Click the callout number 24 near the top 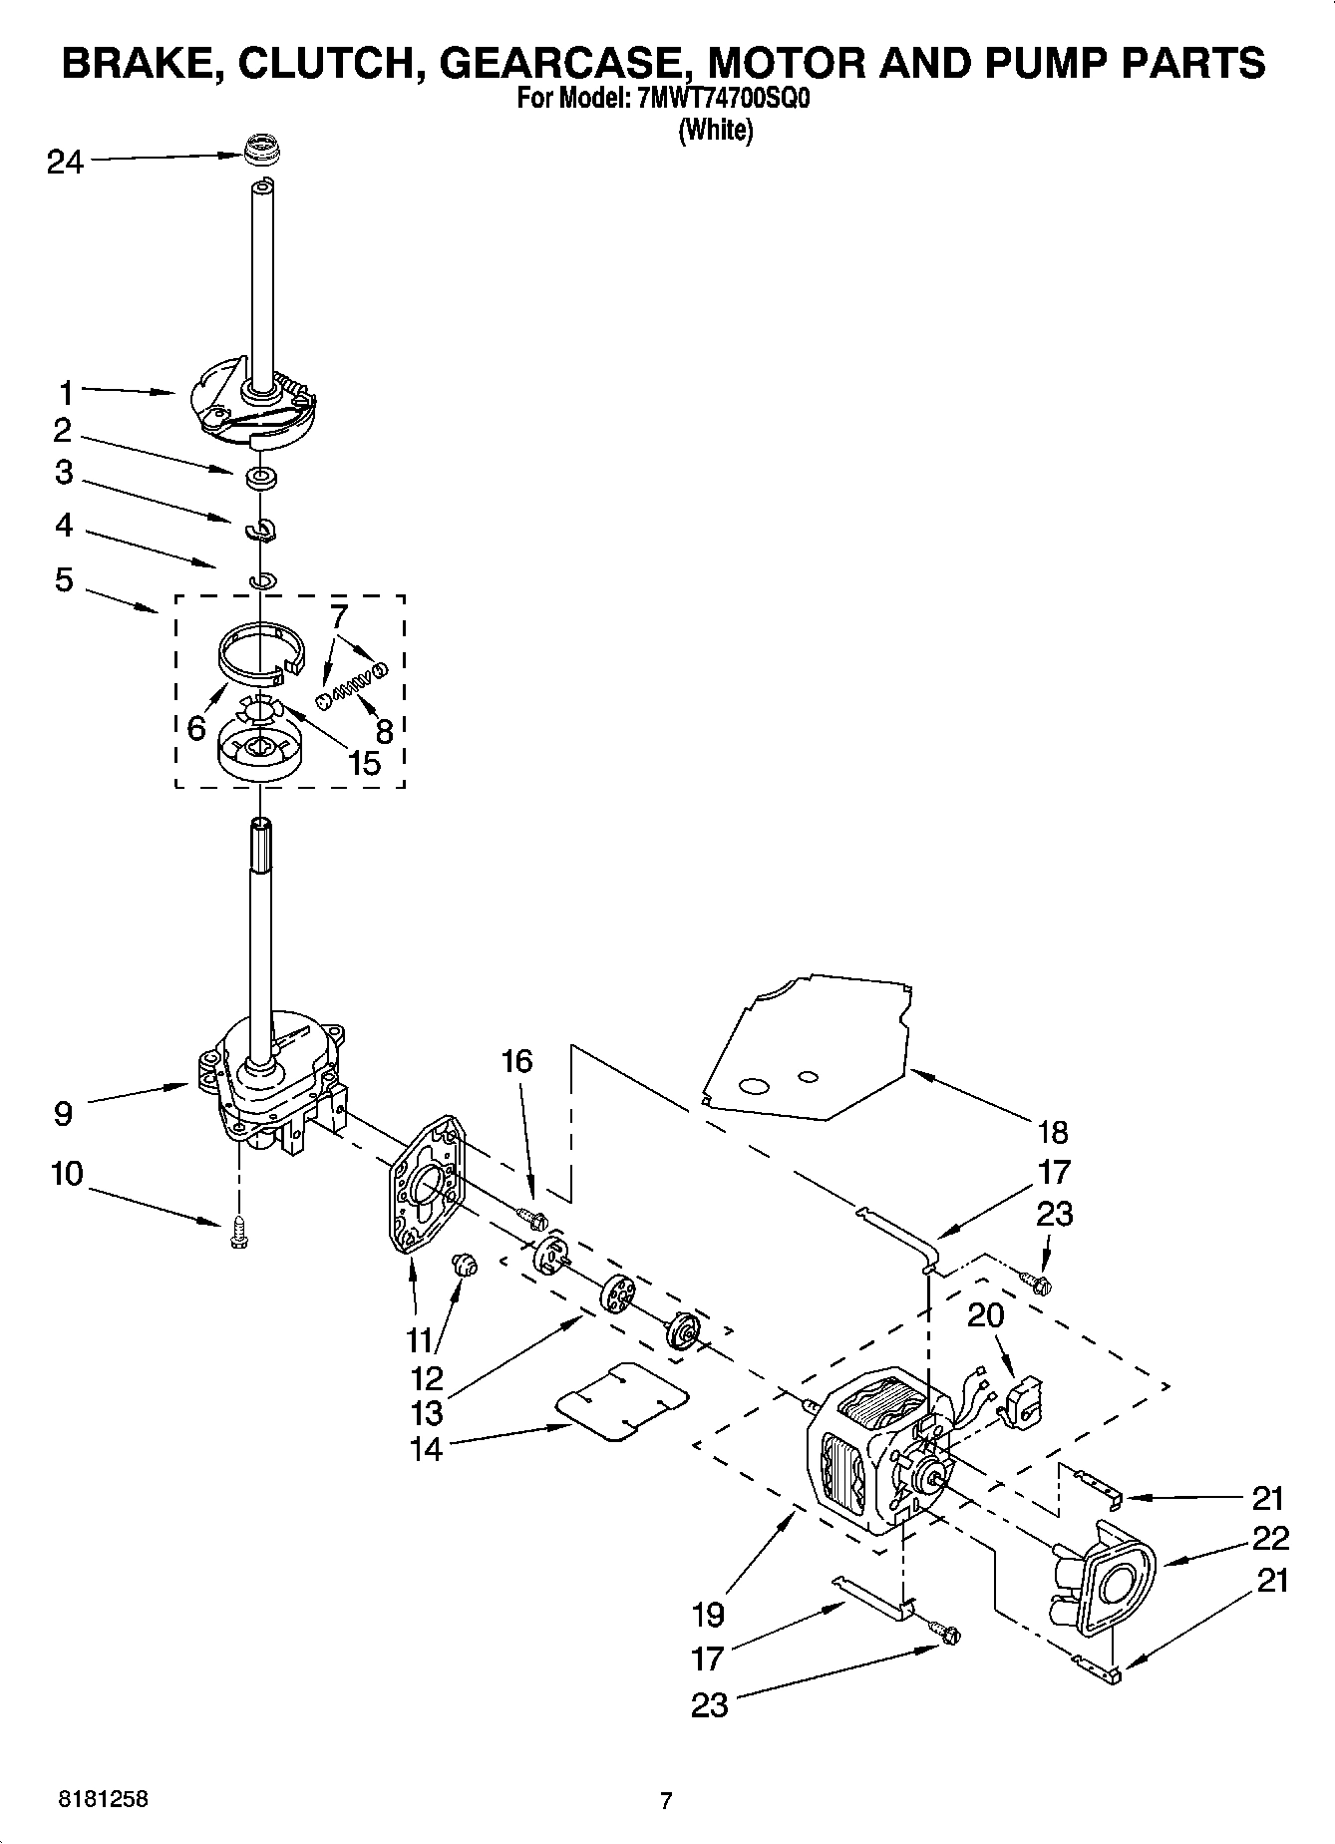click(x=65, y=162)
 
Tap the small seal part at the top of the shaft click(x=261, y=152)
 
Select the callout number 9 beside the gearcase click(x=63, y=1113)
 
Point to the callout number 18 click(x=1052, y=1132)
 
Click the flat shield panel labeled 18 click(x=808, y=1047)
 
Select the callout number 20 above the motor click(x=986, y=1315)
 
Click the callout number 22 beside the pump click(x=1270, y=1538)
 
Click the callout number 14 click(x=426, y=1449)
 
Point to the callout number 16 click(x=516, y=1061)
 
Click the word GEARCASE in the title click(x=565, y=62)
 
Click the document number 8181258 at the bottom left click(x=102, y=1800)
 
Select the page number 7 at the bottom click(x=666, y=1801)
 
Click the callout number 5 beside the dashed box click(x=64, y=579)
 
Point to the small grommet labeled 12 click(x=465, y=1267)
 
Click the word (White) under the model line click(x=715, y=130)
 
